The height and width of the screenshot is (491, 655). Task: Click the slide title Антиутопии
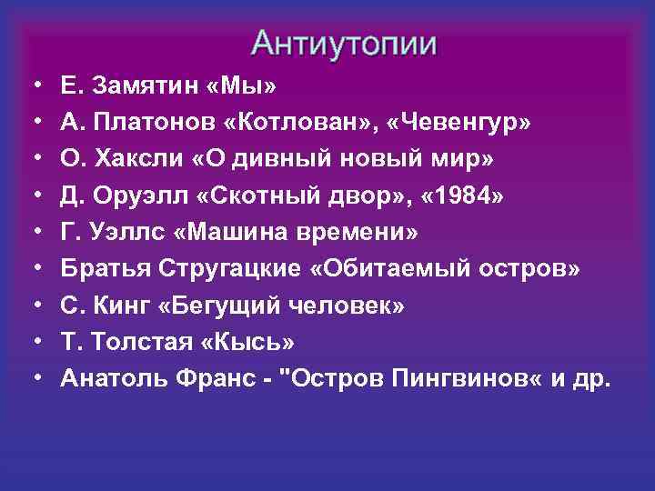345,42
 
